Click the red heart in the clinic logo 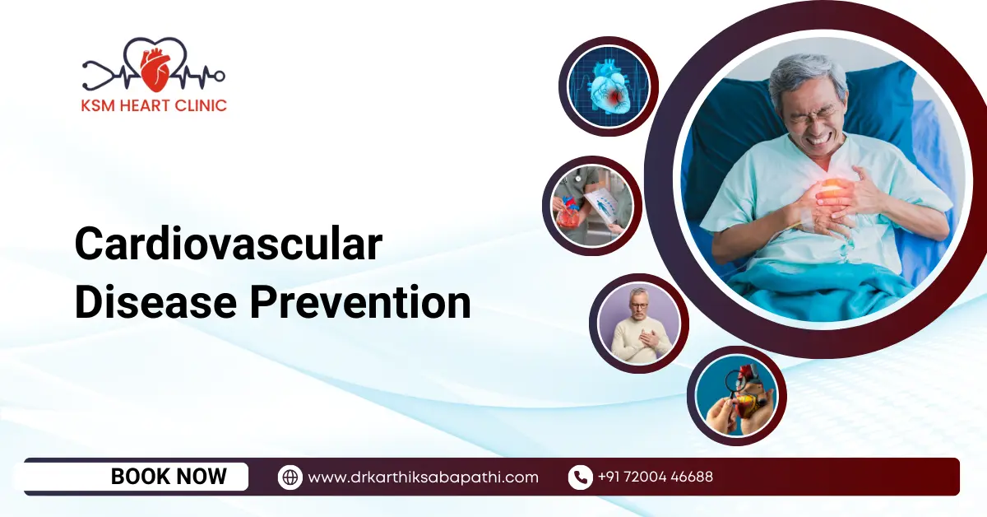(x=154, y=69)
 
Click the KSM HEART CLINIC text (x=154, y=105)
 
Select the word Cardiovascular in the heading (x=228, y=245)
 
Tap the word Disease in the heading (x=155, y=302)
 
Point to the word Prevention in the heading (x=360, y=302)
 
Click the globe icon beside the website (x=290, y=477)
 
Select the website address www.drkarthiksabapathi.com (x=423, y=477)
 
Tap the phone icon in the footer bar (x=580, y=477)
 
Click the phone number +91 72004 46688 (x=655, y=477)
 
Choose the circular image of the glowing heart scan (x=609, y=86)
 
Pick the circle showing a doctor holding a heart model (x=591, y=206)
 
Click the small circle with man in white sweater (x=638, y=324)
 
